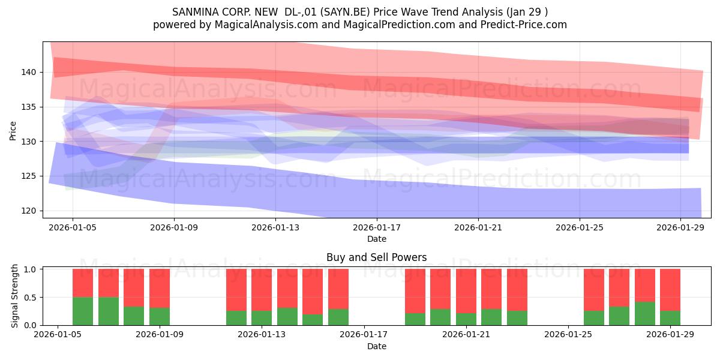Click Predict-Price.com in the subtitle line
coord(523,25)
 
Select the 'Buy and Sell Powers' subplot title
coord(376,257)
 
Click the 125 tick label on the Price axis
coord(29,176)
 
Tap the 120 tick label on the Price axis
coord(29,211)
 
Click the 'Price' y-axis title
coord(13,131)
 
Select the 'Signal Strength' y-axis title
coord(14,296)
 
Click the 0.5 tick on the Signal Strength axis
coord(30,298)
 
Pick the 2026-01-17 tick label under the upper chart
coord(377,227)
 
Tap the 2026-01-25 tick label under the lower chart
coord(568,334)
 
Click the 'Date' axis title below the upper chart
coord(377,239)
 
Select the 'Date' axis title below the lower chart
coord(377,346)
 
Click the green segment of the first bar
coord(83,311)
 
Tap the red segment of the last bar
coord(670,290)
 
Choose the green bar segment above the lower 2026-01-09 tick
coord(160,317)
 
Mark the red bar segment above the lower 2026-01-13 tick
coord(262,290)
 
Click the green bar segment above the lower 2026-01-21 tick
coord(466,319)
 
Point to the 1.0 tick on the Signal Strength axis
coord(30,269)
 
